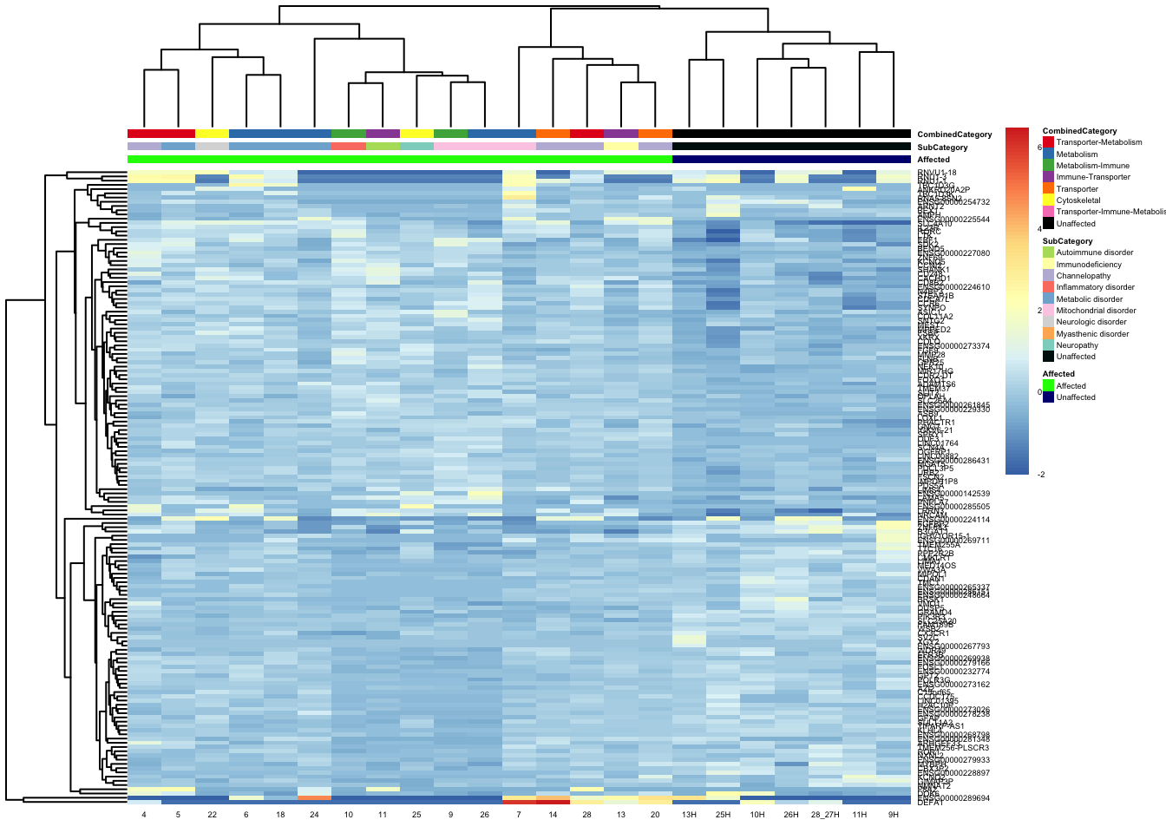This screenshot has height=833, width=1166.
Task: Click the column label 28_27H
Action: tap(824, 816)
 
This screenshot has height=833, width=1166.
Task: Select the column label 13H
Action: tap(689, 816)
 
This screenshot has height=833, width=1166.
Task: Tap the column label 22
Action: tap(213, 816)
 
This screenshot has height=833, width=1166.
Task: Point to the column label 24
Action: tap(314, 816)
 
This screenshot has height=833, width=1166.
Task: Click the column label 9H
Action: tap(893, 816)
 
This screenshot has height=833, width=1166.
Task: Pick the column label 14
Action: tap(553, 816)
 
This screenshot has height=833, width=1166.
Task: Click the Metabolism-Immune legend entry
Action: tap(1092, 166)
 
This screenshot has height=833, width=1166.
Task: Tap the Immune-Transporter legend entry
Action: tap(1093, 177)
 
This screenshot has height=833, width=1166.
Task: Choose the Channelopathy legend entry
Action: tap(1083, 276)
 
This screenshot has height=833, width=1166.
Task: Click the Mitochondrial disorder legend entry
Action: tap(1096, 311)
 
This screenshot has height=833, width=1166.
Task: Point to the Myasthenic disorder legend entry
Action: tap(1092, 334)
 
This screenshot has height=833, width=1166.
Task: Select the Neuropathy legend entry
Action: tap(1077, 345)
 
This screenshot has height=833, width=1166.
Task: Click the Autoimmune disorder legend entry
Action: tap(1094, 253)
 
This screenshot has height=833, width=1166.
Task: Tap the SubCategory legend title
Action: tap(1067, 241)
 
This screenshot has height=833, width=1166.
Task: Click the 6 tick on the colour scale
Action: tap(1039, 148)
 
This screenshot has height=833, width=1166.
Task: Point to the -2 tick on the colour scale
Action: tap(1040, 475)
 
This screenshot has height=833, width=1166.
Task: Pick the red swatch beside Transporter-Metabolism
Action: tap(1048, 142)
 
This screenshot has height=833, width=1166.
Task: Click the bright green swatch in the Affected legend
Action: tap(1048, 386)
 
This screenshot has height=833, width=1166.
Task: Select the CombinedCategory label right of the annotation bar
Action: tap(954, 134)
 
